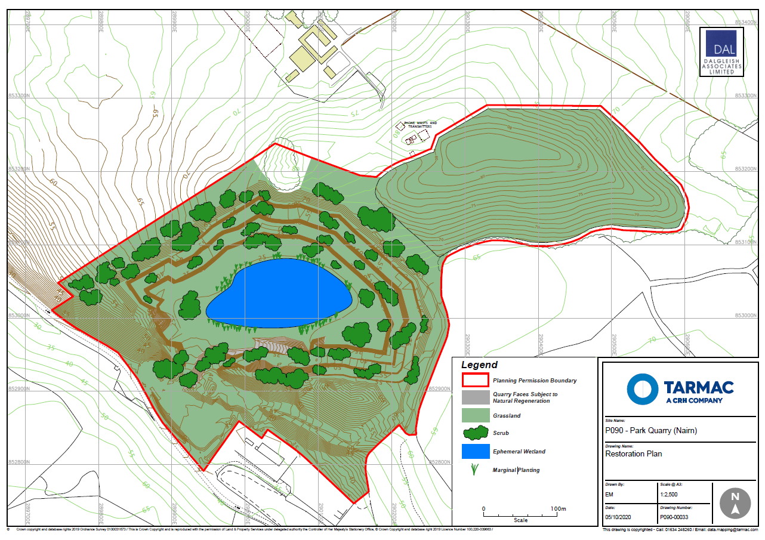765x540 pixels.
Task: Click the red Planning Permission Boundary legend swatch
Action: click(475, 379)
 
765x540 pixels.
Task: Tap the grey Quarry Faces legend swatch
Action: click(475, 397)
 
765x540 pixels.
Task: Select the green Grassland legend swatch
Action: click(475, 415)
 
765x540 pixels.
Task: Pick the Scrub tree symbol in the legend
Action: click(475, 433)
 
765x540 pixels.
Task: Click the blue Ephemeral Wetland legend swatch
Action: click(475, 451)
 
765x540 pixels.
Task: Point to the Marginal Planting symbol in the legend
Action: click(475, 470)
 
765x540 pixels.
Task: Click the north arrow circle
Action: click(735, 502)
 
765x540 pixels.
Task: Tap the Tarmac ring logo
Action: click(642, 388)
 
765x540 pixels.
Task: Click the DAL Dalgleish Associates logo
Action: click(721, 53)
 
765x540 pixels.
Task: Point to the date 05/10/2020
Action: click(618, 517)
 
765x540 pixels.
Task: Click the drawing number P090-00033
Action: click(674, 517)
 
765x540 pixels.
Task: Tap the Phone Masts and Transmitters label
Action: click(420, 124)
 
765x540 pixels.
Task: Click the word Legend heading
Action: click(479, 365)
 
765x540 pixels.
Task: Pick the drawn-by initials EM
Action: click(609, 495)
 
